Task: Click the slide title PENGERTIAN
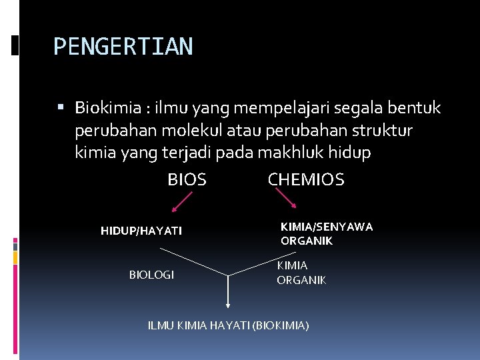coord(123,47)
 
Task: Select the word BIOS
coord(187,180)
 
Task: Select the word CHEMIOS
coord(306,180)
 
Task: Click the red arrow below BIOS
coord(180,201)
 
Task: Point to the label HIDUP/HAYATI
coord(141,231)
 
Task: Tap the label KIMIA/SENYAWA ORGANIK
coord(326,234)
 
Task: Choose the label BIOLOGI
coord(151,275)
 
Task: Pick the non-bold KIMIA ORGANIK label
coord(301,273)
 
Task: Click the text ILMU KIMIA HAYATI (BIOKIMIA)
coord(228,325)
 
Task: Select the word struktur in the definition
coord(384,130)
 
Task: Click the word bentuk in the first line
coord(413,108)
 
